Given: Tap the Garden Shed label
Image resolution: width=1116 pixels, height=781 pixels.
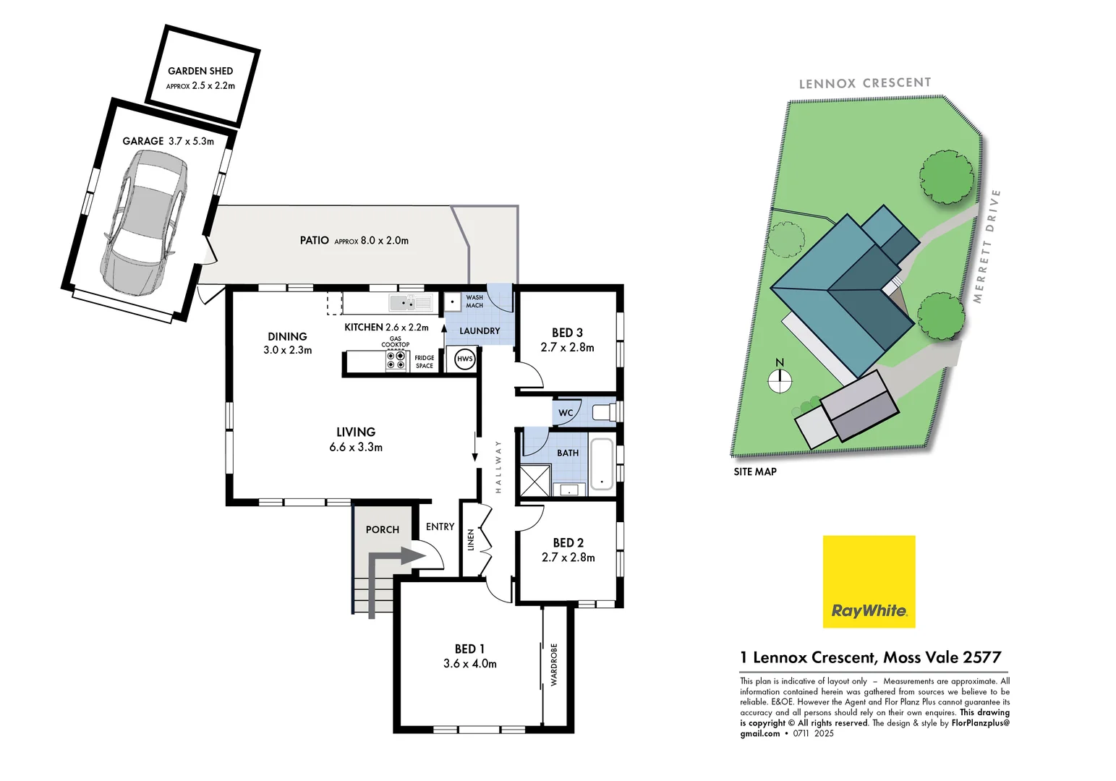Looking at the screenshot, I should point(200,71).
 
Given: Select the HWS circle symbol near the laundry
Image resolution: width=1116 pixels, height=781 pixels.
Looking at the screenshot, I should point(464,359).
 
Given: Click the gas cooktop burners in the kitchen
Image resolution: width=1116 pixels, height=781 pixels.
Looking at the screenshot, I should point(396,360).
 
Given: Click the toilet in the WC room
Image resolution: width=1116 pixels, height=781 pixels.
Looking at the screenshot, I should point(603,412).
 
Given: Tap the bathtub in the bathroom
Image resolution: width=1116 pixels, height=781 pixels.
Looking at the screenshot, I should point(601,464).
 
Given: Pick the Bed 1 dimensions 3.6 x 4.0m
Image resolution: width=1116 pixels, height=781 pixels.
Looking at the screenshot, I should point(470,663).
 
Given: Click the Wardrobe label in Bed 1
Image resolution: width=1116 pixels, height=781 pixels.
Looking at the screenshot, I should point(554,664).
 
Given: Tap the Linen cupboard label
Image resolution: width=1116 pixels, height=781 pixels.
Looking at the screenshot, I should point(471,539).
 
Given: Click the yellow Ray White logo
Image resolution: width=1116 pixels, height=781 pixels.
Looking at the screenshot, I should point(869,581).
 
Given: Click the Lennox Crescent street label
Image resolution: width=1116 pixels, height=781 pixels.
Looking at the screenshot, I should point(864,83).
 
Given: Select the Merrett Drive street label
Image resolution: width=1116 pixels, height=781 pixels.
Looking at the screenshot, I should point(987,246).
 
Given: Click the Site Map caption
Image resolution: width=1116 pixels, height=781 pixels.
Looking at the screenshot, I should point(754,471).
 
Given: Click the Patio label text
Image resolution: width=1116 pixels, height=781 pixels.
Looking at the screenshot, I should point(315,240).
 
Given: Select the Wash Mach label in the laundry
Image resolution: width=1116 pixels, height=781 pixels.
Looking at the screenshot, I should point(474,302).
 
